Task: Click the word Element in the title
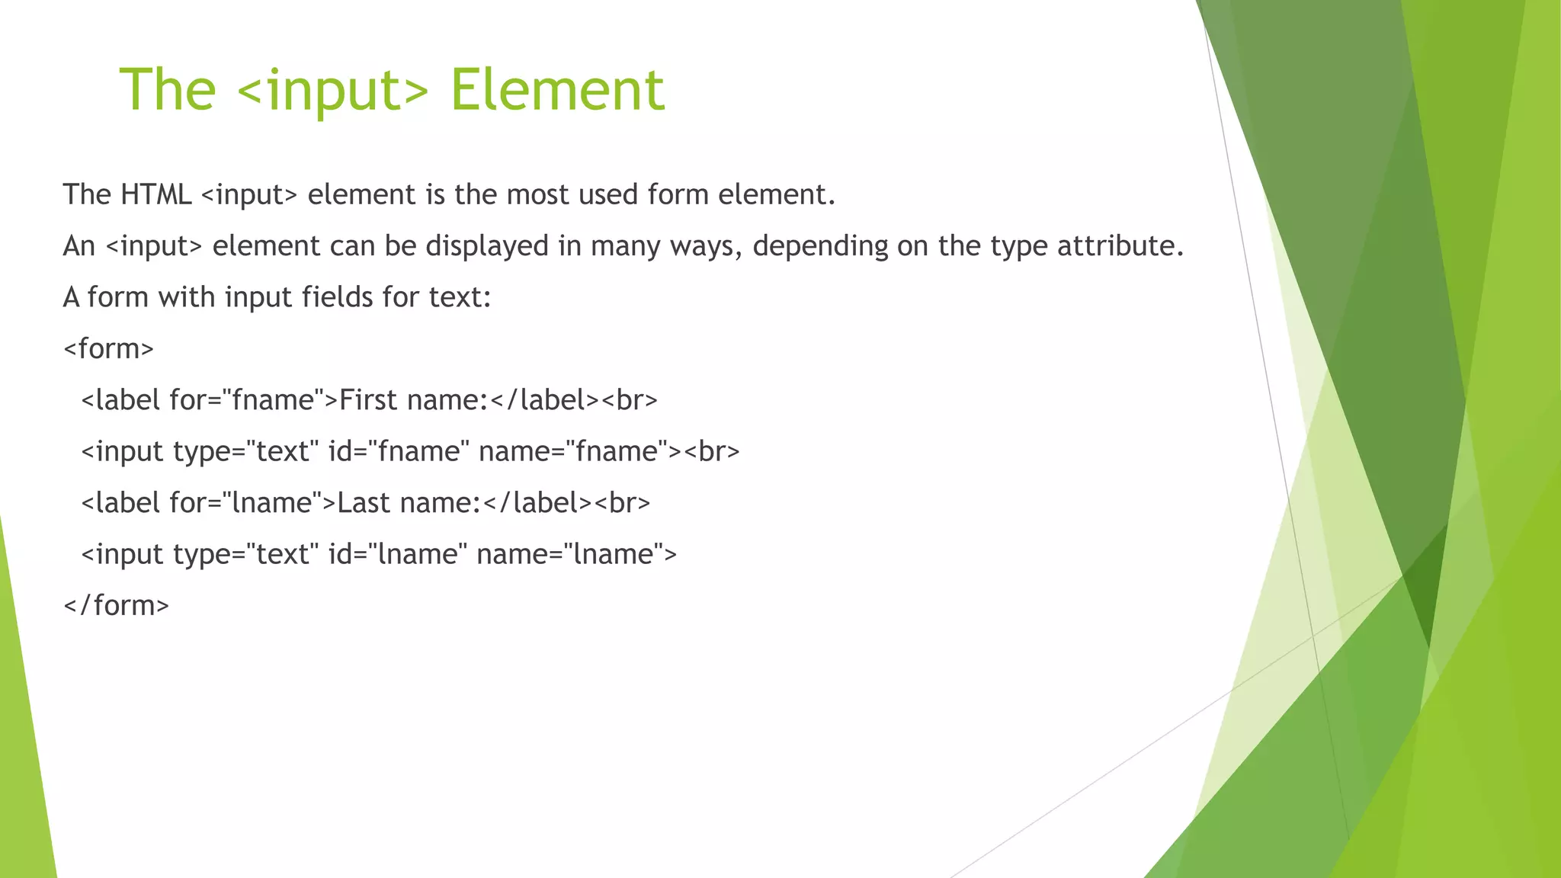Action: [557, 90]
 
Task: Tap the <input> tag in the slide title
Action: [333, 91]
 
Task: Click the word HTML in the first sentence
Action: [155, 194]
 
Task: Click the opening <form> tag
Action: [108, 349]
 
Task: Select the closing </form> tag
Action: [116, 606]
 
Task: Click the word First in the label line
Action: [368, 400]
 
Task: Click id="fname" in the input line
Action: [393, 451]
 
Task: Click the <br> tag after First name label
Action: [629, 400]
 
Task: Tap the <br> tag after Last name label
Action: [622, 503]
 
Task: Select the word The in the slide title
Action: [168, 90]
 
